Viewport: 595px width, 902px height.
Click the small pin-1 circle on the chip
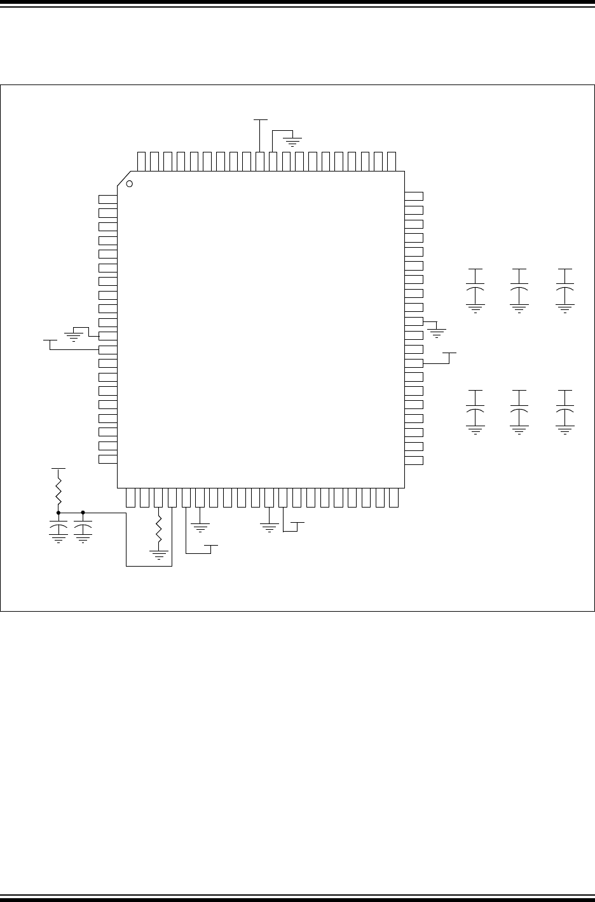point(129,184)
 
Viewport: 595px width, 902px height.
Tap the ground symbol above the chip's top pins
point(292,138)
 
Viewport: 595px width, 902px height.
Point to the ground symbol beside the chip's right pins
point(437,331)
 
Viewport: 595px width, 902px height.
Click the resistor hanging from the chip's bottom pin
point(159,527)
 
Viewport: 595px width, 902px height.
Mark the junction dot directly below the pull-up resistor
point(58,512)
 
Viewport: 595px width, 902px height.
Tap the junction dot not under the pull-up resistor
point(83,512)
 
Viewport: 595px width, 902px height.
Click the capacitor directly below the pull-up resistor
point(58,528)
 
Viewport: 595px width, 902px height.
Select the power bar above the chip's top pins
point(260,119)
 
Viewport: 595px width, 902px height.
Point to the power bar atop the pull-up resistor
point(58,468)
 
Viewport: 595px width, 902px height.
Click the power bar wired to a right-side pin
point(449,352)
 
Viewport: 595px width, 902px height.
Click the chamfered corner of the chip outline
point(124,178)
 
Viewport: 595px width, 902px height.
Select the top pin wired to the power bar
point(260,161)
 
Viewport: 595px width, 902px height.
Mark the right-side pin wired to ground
point(414,322)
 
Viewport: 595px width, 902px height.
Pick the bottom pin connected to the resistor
point(159,498)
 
